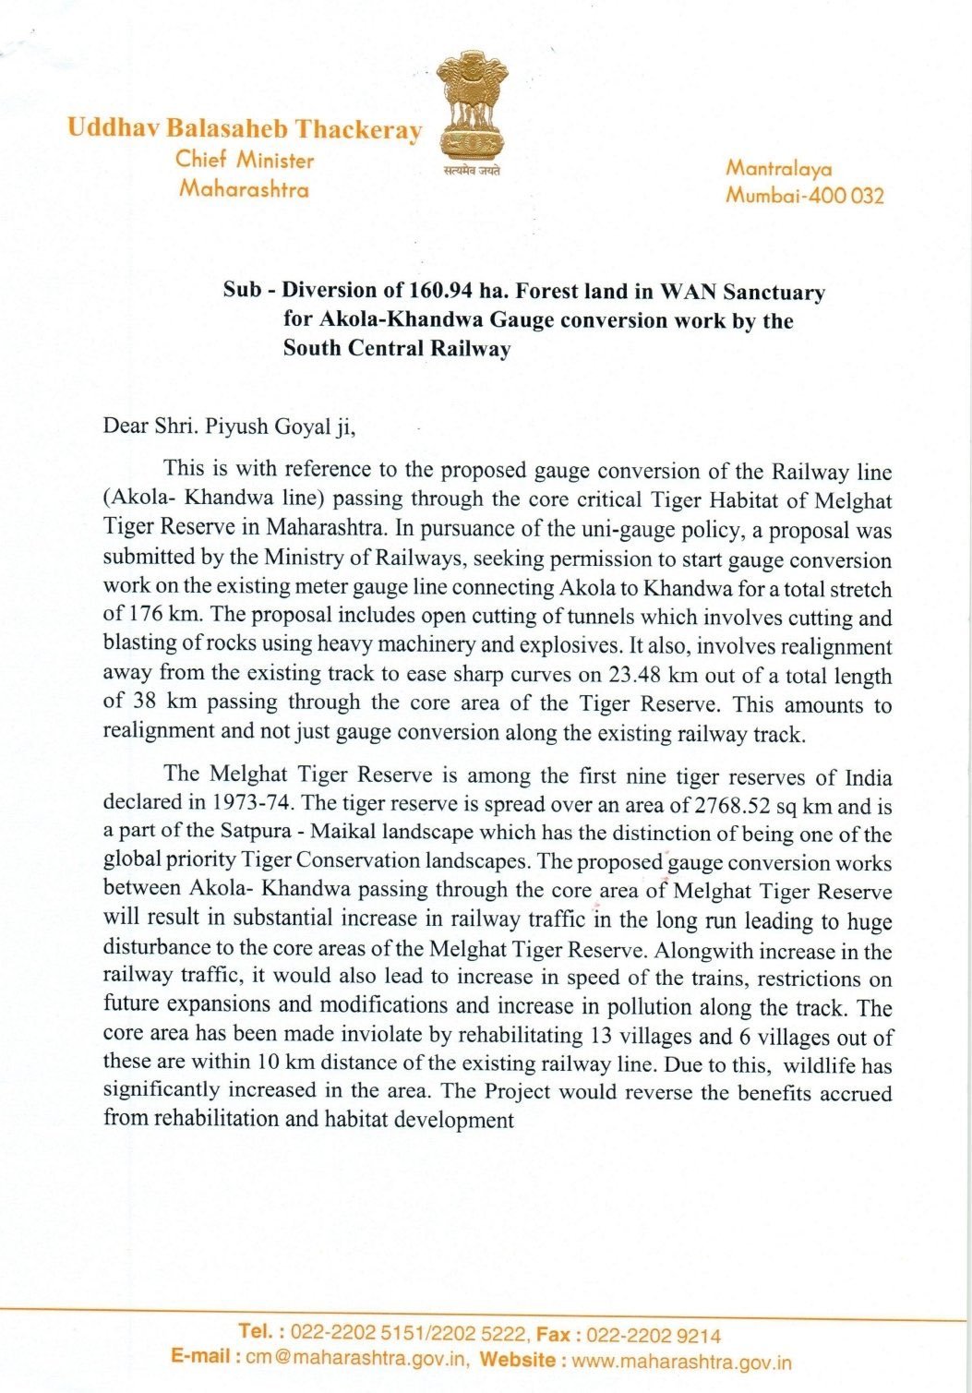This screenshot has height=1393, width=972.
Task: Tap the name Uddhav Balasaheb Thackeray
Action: [245, 129]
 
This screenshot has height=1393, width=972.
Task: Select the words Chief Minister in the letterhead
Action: [245, 160]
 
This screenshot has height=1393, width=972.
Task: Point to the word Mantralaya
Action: [779, 168]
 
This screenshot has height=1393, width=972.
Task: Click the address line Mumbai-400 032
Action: [804, 196]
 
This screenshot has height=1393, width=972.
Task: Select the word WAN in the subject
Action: [688, 292]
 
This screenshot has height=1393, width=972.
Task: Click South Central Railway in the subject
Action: [397, 349]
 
